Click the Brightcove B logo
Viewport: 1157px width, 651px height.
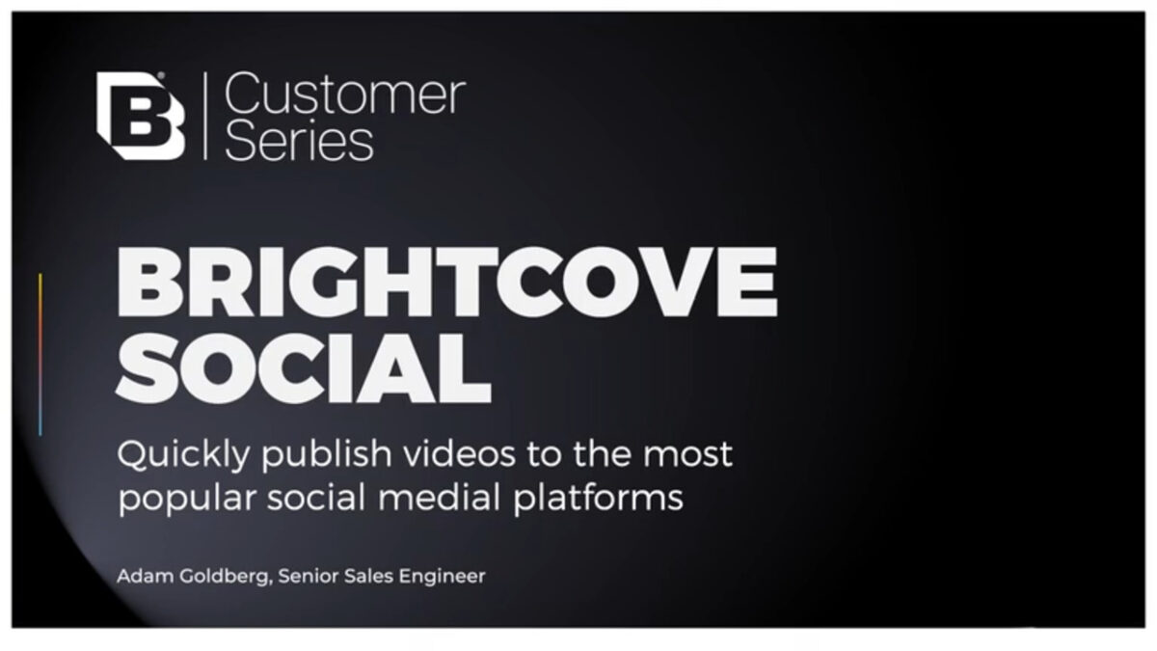(141, 116)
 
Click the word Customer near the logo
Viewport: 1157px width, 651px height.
(345, 94)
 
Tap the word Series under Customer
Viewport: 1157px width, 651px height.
(299, 140)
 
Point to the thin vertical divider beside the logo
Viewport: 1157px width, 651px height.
(205, 116)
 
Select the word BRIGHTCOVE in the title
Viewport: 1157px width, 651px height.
(447, 282)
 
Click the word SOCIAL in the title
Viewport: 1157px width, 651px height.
(304, 367)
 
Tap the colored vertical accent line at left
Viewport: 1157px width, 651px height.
(40, 355)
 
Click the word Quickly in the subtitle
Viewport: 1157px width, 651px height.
(184, 455)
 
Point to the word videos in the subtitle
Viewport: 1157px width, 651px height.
(459, 454)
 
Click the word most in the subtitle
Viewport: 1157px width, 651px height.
(687, 455)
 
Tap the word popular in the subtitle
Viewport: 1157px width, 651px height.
(187, 498)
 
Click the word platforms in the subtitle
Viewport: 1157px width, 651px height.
(598, 498)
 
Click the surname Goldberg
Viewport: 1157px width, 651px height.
(226, 577)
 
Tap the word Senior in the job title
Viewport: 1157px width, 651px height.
(308, 576)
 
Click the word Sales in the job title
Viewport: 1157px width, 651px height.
(368, 576)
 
